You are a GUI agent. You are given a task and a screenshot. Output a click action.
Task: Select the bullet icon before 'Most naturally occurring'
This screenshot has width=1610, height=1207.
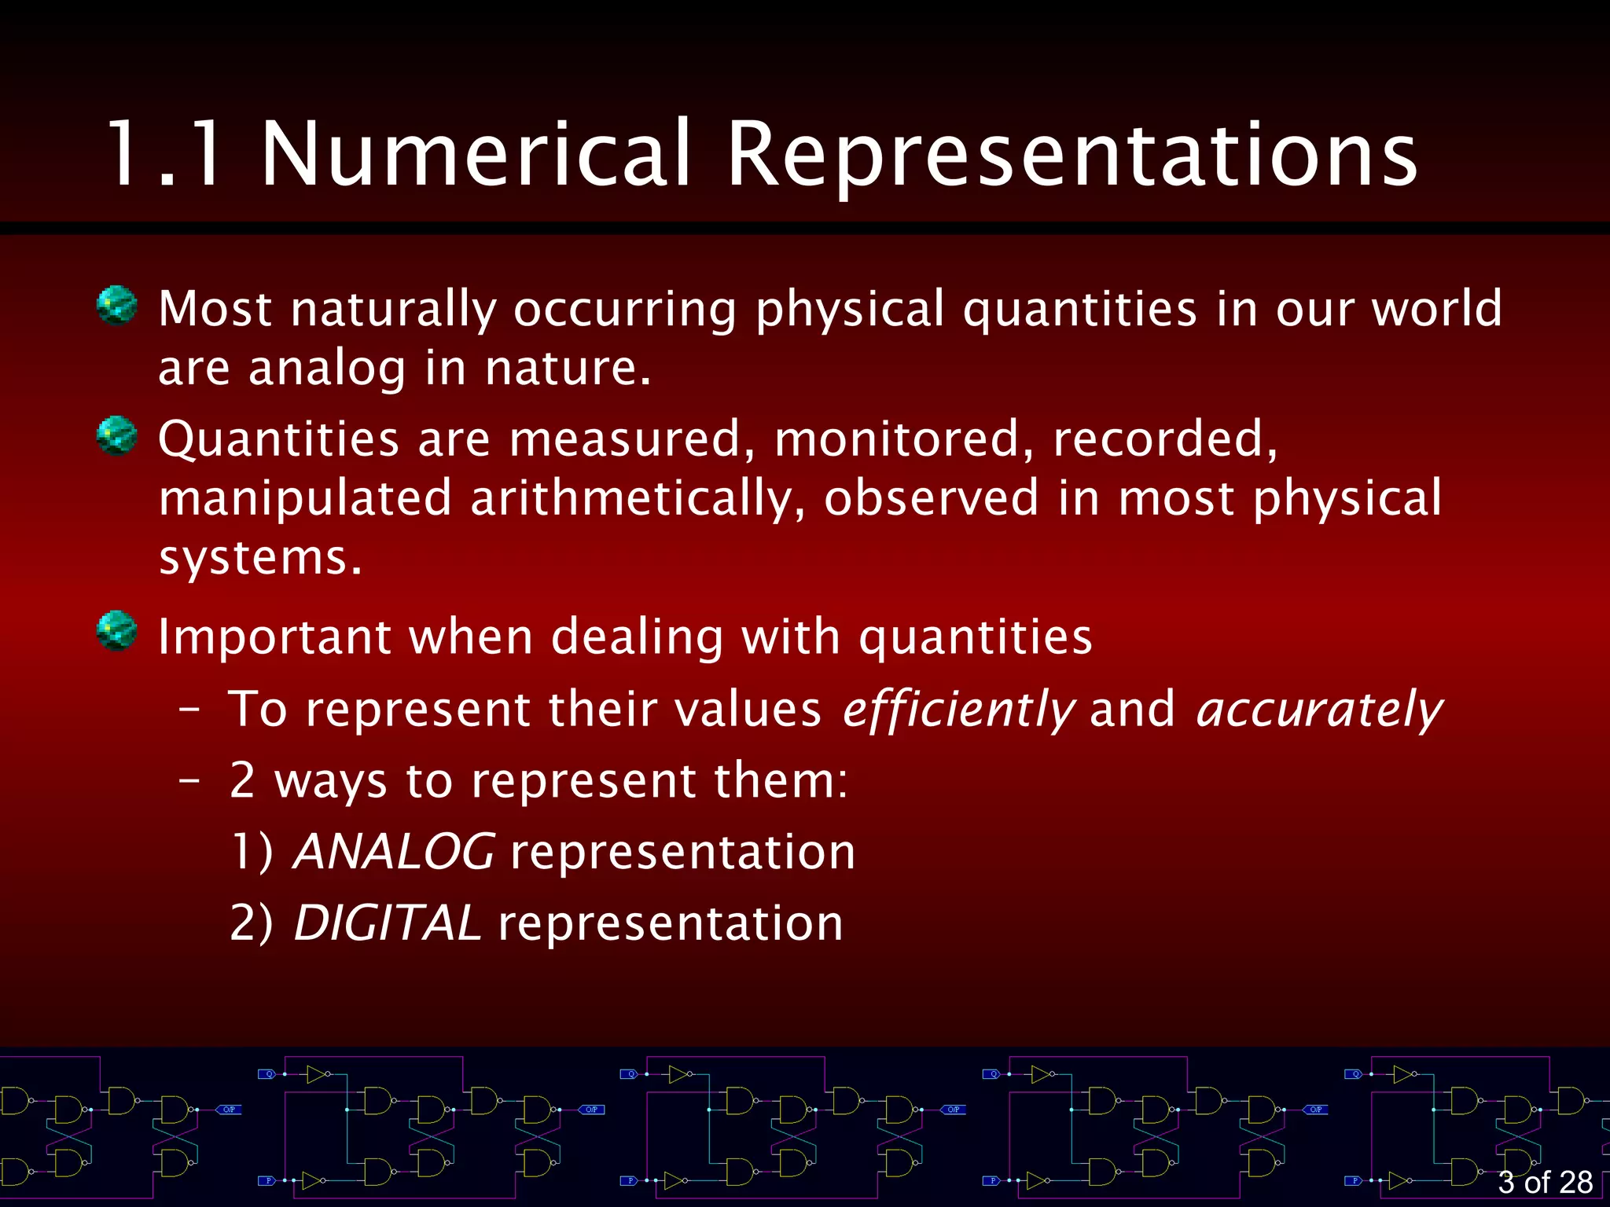(116, 306)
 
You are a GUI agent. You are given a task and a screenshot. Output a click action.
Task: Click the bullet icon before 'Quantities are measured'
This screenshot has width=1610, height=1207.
(116, 436)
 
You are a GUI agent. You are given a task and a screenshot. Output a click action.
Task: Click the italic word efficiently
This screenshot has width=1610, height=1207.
(958, 710)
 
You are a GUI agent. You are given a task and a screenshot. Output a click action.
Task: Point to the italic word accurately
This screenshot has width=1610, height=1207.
(1318, 710)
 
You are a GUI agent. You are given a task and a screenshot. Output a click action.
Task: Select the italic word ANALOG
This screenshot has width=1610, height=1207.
(394, 852)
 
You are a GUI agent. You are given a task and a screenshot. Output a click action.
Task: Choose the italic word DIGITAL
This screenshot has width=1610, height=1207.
(387, 923)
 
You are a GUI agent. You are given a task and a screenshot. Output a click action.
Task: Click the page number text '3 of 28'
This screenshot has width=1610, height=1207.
(1545, 1182)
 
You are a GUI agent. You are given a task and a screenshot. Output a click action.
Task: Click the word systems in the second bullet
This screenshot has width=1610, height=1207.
(259, 559)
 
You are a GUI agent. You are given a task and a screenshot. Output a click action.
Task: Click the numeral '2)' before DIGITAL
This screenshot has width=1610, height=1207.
(252, 923)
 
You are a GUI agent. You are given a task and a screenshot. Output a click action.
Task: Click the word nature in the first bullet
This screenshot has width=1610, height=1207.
(567, 369)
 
